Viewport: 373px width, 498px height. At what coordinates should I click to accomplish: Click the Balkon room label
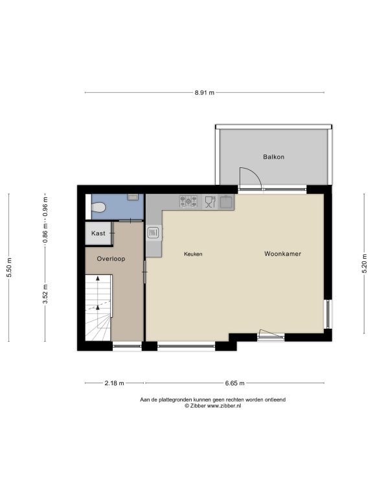(x=273, y=156)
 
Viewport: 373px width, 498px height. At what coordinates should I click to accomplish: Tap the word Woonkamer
(x=282, y=254)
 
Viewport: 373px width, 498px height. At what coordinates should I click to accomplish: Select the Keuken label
(x=193, y=254)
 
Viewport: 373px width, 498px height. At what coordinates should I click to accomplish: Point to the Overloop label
(x=111, y=259)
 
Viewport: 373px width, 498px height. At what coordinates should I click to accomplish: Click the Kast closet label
(x=98, y=233)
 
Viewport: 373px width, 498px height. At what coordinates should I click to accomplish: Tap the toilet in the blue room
(x=98, y=207)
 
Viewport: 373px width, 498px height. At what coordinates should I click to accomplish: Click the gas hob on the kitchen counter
(x=188, y=202)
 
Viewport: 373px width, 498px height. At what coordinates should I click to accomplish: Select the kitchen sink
(x=226, y=202)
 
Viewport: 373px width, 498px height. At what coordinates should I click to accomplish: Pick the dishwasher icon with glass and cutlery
(x=210, y=202)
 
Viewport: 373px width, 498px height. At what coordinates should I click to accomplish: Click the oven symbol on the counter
(x=153, y=233)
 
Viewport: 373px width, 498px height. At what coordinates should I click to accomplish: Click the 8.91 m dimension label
(x=204, y=93)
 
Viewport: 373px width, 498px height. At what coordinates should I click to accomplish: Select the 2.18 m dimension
(x=114, y=383)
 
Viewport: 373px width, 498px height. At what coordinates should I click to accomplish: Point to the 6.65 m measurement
(x=234, y=383)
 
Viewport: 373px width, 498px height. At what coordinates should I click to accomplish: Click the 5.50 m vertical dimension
(x=9, y=267)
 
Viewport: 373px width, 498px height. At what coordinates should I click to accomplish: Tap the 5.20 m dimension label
(x=365, y=263)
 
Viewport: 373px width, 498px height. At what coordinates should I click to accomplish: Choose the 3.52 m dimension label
(x=45, y=294)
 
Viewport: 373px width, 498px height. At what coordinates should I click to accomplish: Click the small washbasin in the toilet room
(x=133, y=197)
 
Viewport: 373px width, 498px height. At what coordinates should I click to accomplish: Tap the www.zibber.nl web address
(x=224, y=405)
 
